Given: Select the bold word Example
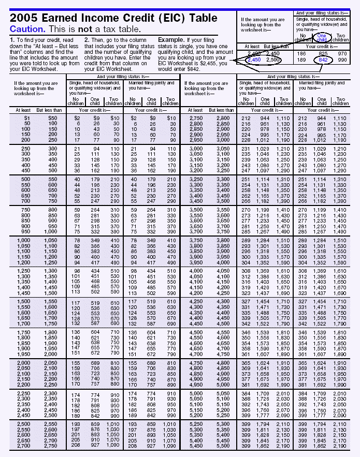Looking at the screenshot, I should point(171,40).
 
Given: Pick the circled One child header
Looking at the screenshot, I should point(322,37).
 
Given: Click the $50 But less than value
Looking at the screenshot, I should point(52,119).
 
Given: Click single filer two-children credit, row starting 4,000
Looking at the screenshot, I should point(283,271).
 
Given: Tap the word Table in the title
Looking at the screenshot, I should point(204,17).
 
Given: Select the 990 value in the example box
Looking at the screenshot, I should point(342,60).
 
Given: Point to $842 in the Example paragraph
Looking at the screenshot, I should point(193,68).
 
